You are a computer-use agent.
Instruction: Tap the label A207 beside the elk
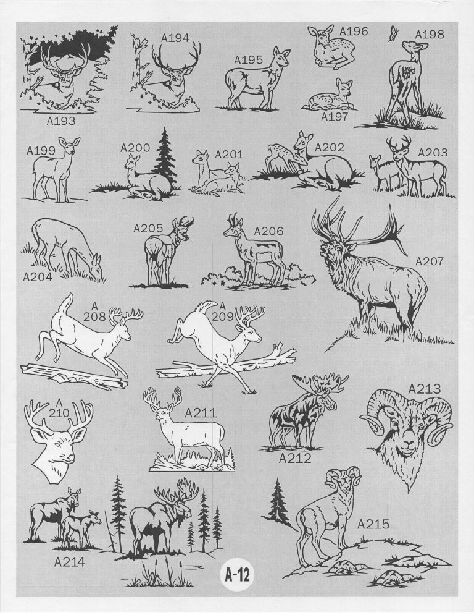tap(429, 261)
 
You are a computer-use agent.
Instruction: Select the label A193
tap(60, 121)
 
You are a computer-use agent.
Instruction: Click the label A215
tap(373, 524)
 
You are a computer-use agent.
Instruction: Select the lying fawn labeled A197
tap(331, 95)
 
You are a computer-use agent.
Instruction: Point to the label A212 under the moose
tap(294, 458)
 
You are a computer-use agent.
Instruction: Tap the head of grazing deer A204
tap(95, 267)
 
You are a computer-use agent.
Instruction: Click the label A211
tap(201, 413)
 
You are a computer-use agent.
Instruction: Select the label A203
tap(433, 152)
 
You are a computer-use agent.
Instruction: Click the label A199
tap(41, 151)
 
